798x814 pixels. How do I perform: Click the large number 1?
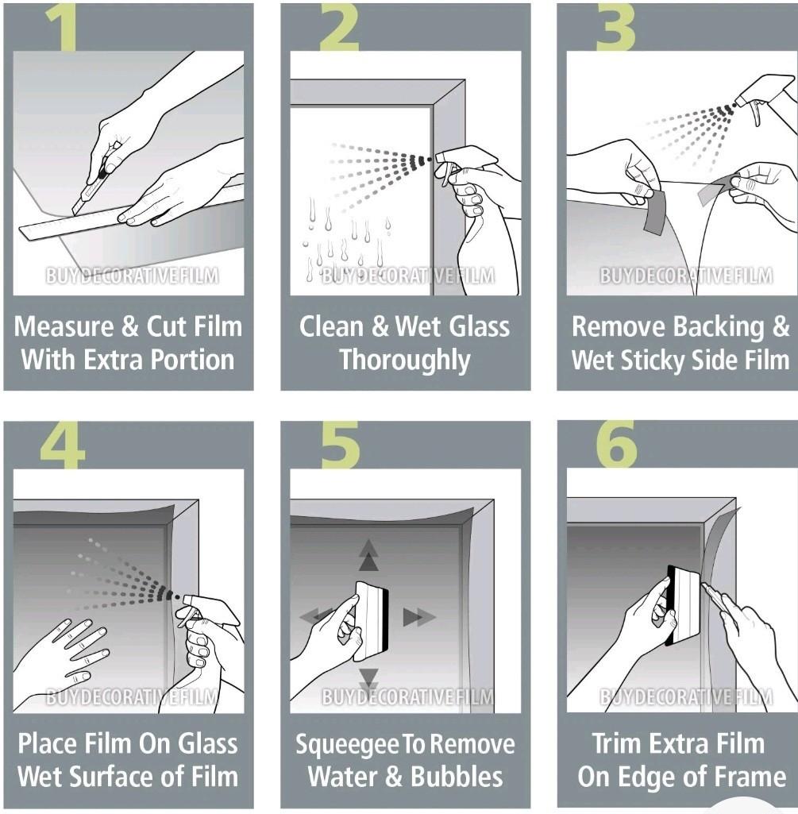point(62,28)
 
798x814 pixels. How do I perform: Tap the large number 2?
point(339,28)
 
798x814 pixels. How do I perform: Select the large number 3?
point(615,28)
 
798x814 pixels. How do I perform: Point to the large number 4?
point(62,446)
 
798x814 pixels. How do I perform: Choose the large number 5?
point(340,446)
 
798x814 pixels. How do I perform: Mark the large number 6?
point(616,445)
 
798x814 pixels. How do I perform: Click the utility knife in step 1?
point(94,180)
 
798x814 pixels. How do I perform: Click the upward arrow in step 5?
point(368,555)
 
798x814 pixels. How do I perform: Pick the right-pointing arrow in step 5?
point(419,617)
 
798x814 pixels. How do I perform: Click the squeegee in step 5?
point(372,621)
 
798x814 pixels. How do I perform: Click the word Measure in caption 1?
point(64,326)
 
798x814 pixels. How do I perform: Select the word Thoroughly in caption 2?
point(405,361)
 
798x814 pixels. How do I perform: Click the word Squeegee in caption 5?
point(348,745)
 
